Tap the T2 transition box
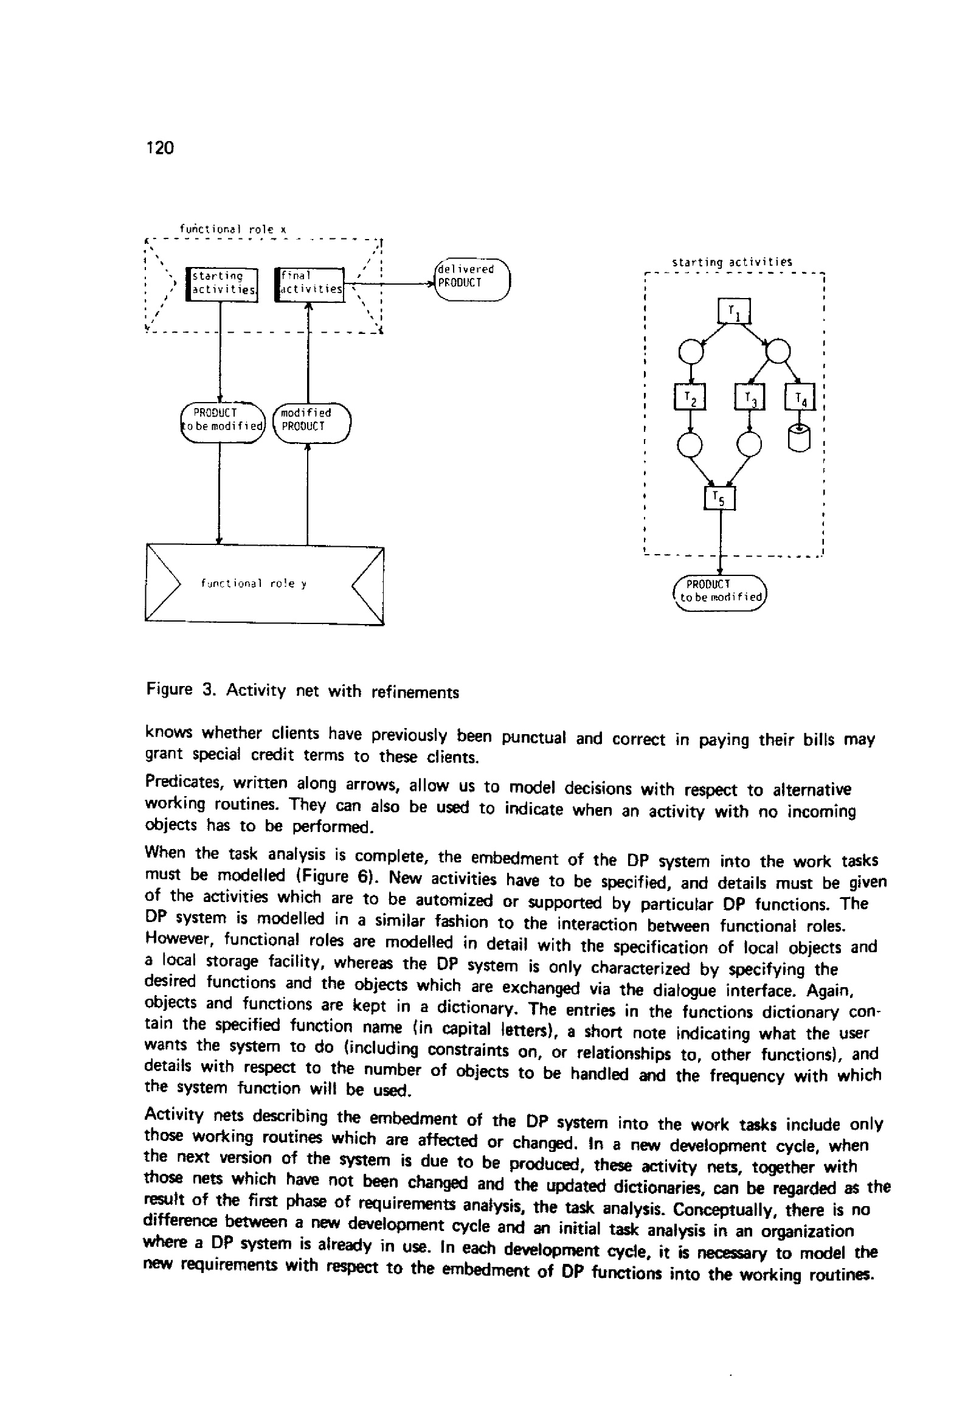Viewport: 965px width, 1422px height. coord(690,397)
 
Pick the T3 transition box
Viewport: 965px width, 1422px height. coord(750,398)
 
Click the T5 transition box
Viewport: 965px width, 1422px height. coord(719,498)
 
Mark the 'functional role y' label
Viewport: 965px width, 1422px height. coord(254,584)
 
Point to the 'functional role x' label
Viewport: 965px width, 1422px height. coord(232,229)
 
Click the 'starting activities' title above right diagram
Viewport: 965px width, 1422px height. coord(732,262)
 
